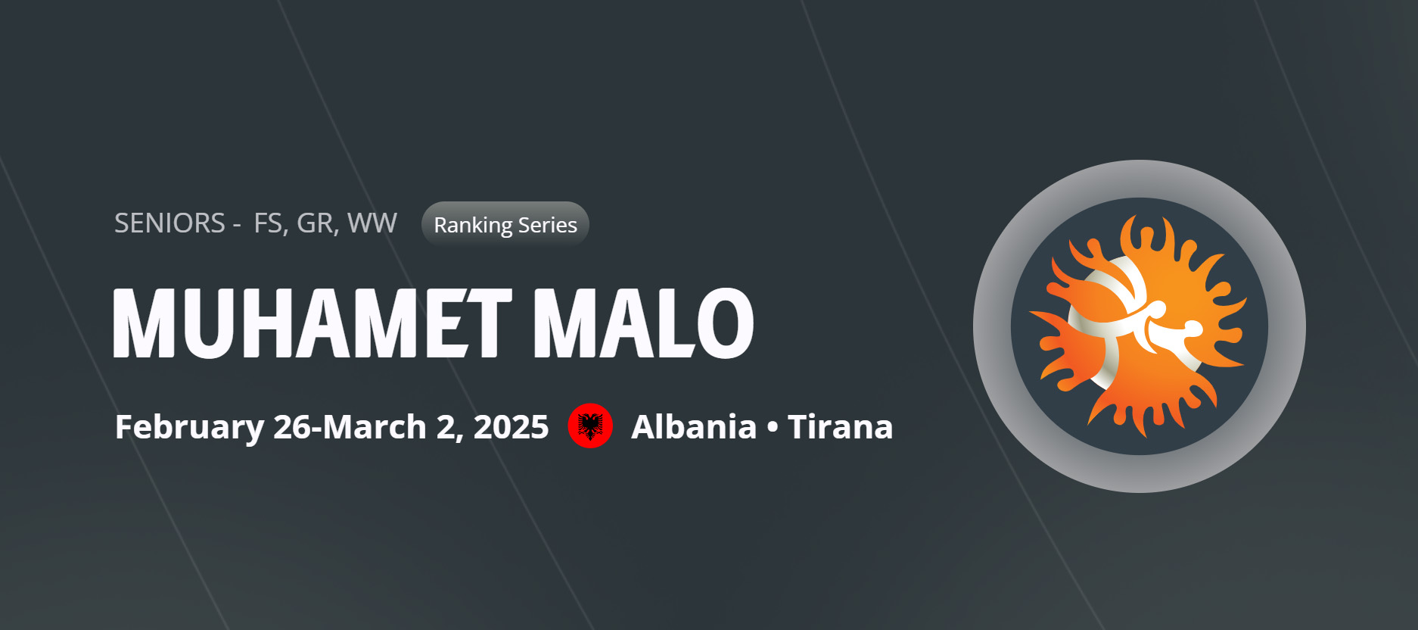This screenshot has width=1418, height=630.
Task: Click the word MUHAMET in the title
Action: coord(313,323)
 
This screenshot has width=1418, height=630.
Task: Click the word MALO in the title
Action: coord(644,323)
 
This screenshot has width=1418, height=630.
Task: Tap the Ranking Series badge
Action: coord(505,224)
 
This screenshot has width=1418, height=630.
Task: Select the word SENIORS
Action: coord(169,223)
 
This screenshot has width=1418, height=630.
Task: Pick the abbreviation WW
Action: coord(372,223)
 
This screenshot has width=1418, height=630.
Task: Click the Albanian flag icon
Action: coord(590,426)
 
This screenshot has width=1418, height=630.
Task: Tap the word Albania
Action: coord(694,427)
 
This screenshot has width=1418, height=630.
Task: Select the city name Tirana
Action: coord(840,427)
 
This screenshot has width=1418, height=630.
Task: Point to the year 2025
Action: coord(511,427)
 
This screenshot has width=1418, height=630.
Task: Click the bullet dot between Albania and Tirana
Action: coord(772,428)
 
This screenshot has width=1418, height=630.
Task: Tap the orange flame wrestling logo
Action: coord(1140,326)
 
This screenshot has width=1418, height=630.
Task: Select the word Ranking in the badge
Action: coord(473,226)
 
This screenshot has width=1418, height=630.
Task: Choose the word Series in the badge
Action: coord(548,225)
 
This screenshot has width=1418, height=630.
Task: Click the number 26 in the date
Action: coord(292,427)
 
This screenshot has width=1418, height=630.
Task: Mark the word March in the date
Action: coord(375,427)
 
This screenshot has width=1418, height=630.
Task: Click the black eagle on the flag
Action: coord(590,426)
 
